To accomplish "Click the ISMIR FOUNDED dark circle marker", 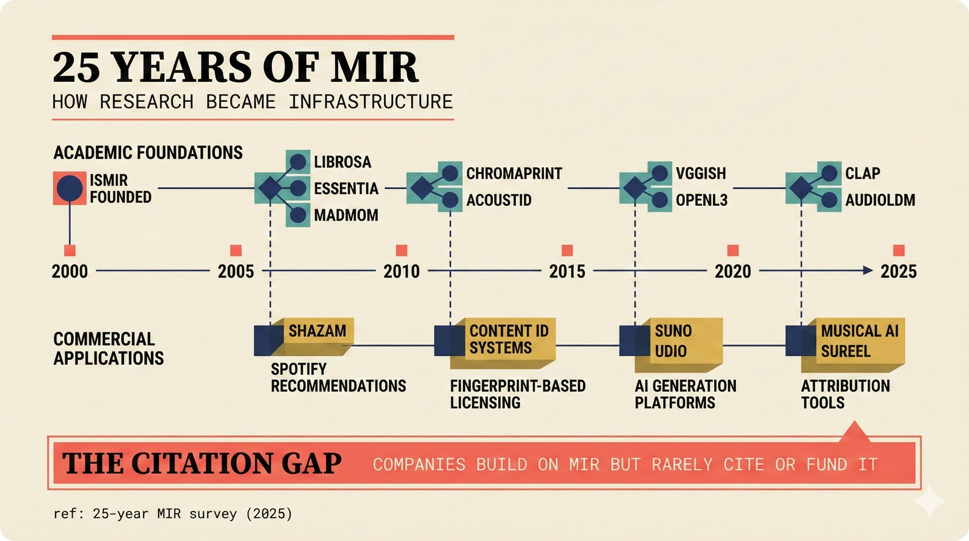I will point(70,188).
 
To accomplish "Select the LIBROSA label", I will point(342,162).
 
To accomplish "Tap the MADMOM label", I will point(346,215).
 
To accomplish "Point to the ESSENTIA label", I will point(346,188).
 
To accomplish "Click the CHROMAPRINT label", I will point(514,173).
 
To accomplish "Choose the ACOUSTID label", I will point(498,200).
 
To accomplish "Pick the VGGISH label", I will point(701,173).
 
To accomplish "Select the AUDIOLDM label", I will point(880,200).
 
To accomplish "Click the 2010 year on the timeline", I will point(402,271).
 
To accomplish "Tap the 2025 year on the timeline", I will point(898,271).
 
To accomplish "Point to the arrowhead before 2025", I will point(868,271).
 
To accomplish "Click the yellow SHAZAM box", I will point(317,335).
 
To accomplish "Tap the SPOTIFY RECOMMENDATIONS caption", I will point(337,377).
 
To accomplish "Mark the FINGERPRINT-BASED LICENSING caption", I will point(517,394).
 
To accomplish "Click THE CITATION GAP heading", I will point(202,464).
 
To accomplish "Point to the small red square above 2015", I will point(567,250).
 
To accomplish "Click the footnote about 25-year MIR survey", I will point(173,514).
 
